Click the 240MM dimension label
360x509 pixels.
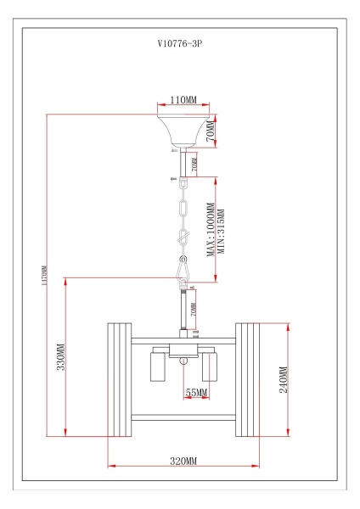pos(283,379)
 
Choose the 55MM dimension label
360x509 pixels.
pos(196,393)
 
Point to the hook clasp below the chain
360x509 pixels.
pos(183,270)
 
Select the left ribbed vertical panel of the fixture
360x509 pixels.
pos(118,378)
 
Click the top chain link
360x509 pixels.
pos(181,207)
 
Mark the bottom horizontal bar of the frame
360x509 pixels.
pos(183,416)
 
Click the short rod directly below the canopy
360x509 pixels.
pos(181,160)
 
